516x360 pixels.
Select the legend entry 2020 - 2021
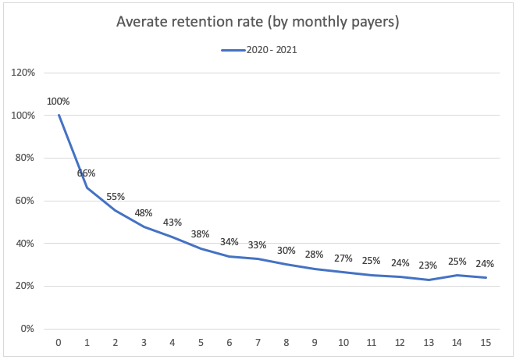click(x=258, y=49)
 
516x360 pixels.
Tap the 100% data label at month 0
click(x=59, y=102)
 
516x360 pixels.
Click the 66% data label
click(x=87, y=173)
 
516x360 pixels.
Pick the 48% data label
click(x=144, y=212)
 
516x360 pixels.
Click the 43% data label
click(x=173, y=223)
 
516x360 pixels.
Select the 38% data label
click(x=201, y=233)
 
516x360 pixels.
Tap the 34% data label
click(x=230, y=242)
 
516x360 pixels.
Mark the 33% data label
click(x=258, y=244)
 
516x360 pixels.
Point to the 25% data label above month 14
click(x=457, y=262)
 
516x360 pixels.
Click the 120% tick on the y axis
click(x=23, y=73)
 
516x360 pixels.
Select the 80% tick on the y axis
click(x=25, y=158)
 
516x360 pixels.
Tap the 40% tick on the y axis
click(x=25, y=244)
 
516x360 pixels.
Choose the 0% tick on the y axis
click(x=27, y=329)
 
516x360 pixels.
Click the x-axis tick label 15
click(x=486, y=342)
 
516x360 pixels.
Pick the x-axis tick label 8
click(x=286, y=342)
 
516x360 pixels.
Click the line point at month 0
click(x=59, y=116)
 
